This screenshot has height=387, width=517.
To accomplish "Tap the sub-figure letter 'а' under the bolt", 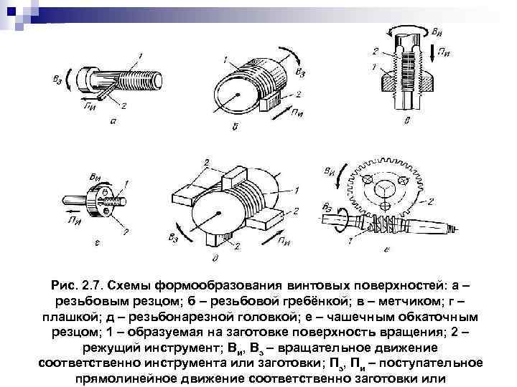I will [115, 121].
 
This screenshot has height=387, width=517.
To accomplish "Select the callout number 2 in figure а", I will [124, 107].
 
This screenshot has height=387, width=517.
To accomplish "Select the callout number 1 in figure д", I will [297, 190].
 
